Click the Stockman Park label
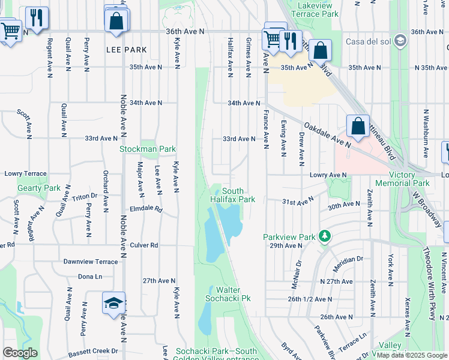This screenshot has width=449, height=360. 147,149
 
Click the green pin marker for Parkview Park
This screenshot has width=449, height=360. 325,236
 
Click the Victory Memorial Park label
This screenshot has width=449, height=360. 402,179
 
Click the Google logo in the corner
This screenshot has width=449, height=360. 20,353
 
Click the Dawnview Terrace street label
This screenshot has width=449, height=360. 91,262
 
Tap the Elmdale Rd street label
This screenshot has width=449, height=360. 146,210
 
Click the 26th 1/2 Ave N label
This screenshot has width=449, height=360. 310,299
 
